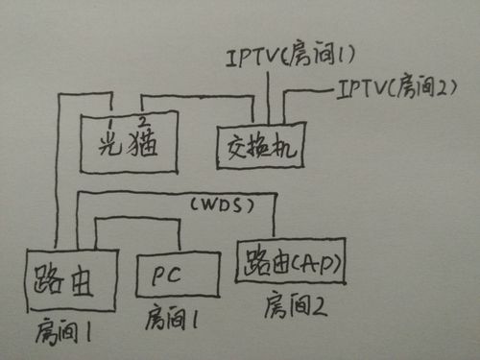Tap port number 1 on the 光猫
point(111,124)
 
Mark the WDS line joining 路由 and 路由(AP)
point(173,193)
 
